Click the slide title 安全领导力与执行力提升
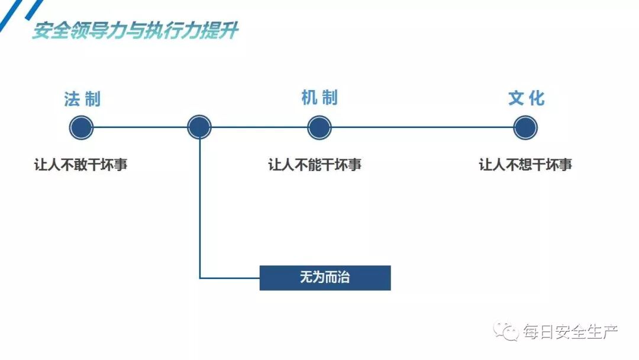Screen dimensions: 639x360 (135, 31)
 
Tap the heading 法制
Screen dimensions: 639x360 (82, 99)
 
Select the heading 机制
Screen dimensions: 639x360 (319, 98)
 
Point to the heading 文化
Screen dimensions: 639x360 (526, 98)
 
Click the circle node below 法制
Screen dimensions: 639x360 (82, 127)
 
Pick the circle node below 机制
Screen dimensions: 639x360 (319, 127)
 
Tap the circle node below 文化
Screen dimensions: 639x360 (525, 127)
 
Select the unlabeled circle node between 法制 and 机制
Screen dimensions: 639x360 (199, 127)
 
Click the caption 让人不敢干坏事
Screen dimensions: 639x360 (81, 165)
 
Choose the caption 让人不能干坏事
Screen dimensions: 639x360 (315, 165)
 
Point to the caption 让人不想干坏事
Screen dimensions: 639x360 (525, 165)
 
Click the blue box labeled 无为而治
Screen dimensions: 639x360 (325, 278)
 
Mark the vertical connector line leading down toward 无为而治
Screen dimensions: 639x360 (200, 207)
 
